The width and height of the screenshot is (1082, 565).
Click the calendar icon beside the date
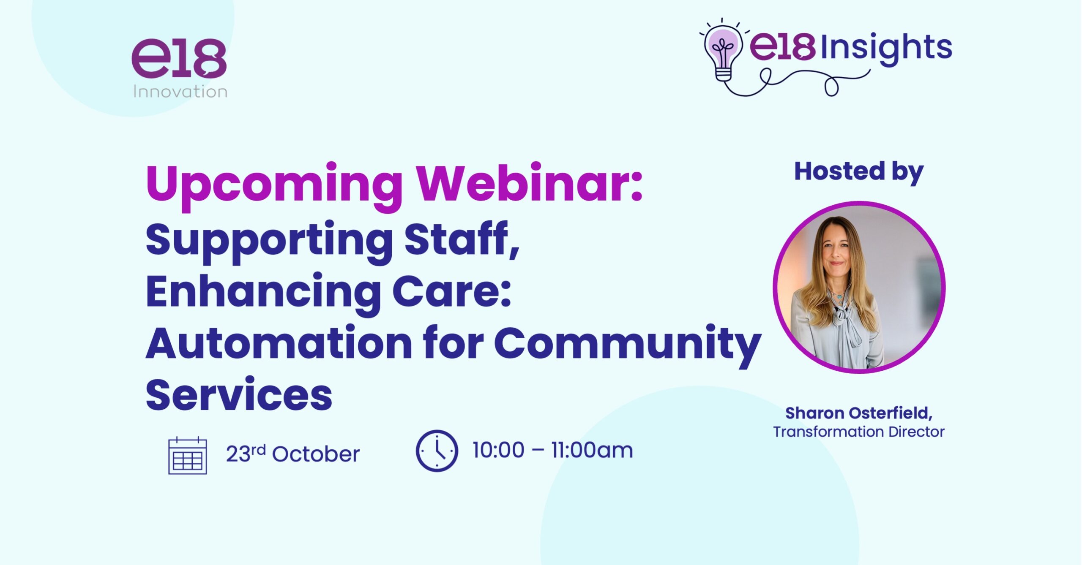[x=187, y=455]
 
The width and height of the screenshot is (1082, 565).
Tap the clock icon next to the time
[x=437, y=451]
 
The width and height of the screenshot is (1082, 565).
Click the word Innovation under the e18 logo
[x=180, y=92]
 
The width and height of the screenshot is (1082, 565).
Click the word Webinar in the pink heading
[x=529, y=183]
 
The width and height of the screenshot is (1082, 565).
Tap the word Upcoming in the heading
[x=274, y=186]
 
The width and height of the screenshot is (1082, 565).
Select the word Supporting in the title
[x=269, y=241]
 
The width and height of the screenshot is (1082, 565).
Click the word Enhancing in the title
[x=263, y=293]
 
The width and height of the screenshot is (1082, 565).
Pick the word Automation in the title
[x=279, y=342]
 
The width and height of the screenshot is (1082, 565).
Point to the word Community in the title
[x=627, y=345]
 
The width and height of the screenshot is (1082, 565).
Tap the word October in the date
[x=316, y=454]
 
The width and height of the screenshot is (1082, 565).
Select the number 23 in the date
[x=238, y=454]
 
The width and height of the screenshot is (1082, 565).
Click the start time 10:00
[x=498, y=450]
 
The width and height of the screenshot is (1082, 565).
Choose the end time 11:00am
[x=592, y=450]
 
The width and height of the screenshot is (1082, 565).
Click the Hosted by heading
[x=859, y=172]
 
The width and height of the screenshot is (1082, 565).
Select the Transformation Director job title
[x=859, y=432]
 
